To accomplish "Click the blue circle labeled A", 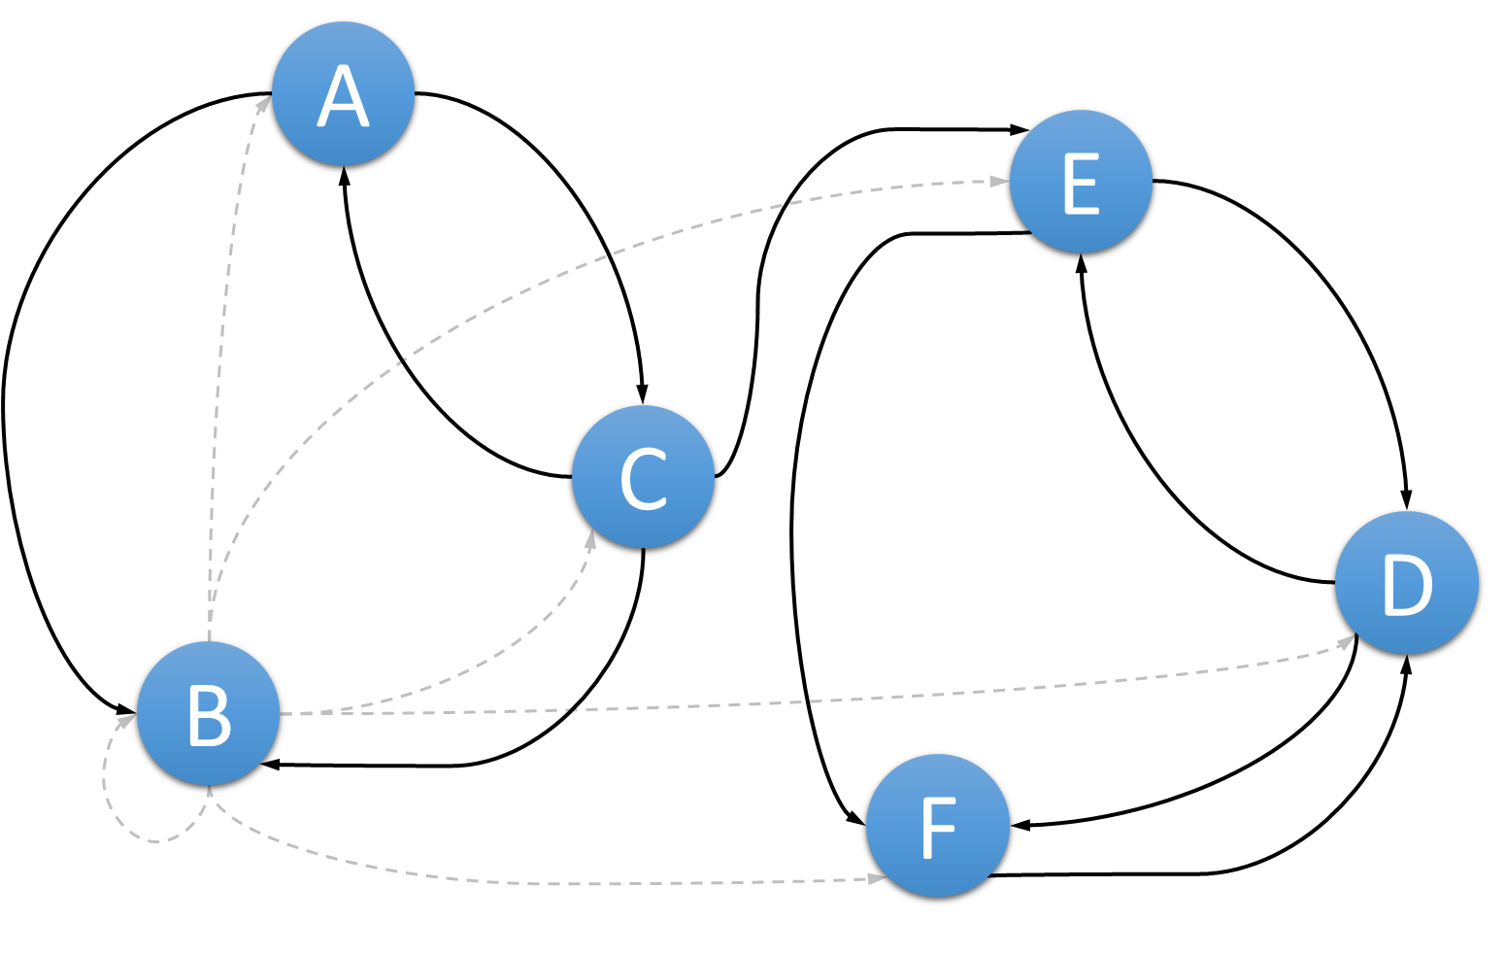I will pyautogui.click(x=343, y=93).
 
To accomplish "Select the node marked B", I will pyautogui.click(x=208, y=713).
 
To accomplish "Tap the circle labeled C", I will pyautogui.click(x=643, y=476).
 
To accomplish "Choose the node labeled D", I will pyautogui.click(x=1406, y=582).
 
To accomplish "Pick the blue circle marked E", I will pyautogui.click(x=1081, y=181).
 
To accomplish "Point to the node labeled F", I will pyautogui.click(x=937, y=825).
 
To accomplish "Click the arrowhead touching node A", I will pyautogui.click(x=263, y=104).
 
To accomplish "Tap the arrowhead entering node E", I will pyautogui.click(x=999, y=181).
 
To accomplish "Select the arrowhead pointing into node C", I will pyautogui.click(x=589, y=538).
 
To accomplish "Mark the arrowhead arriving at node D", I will pyautogui.click(x=1345, y=641).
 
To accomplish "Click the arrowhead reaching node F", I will pyautogui.click(x=877, y=878).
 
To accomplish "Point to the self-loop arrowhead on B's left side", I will pyautogui.click(x=126, y=721).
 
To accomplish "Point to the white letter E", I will pyautogui.click(x=1080, y=183).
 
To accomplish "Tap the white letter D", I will pyautogui.click(x=1406, y=585).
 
